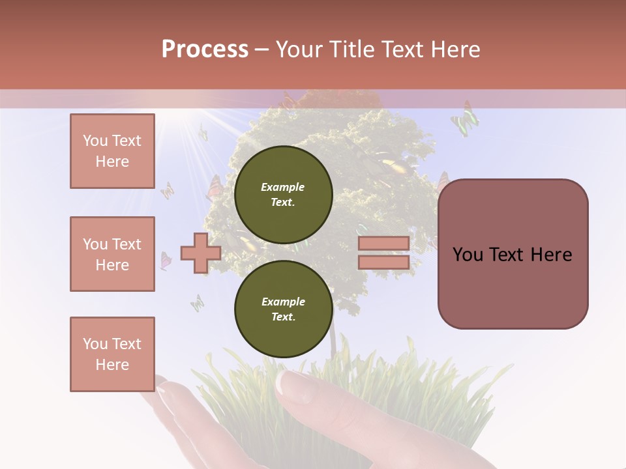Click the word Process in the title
coord(205,50)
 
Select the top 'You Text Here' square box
coord(112,151)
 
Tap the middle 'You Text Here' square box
coord(112,254)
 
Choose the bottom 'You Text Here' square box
coord(112,354)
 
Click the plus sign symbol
coord(200,253)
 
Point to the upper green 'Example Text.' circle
coord(283,194)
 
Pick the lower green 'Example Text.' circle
coord(283,309)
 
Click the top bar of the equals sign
coord(384,244)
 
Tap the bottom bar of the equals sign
coord(384,263)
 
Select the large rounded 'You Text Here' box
coord(513,254)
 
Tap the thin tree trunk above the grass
coord(333,339)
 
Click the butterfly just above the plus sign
coord(213,189)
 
